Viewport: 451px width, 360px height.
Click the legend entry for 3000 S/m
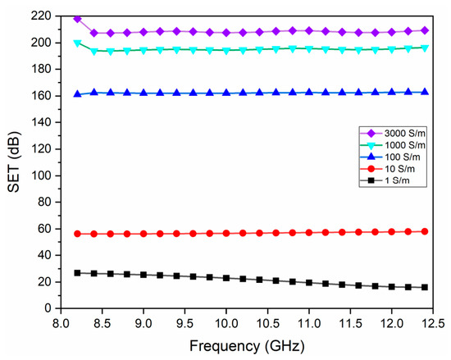tap(393, 133)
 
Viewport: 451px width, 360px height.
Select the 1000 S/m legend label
tap(393, 145)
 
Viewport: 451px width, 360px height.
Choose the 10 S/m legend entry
tap(387, 169)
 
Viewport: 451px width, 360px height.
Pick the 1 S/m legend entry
tap(385, 180)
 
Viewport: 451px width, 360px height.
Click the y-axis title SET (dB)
tap(14, 162)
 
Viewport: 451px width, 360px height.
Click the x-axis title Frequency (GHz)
tap(247, 345)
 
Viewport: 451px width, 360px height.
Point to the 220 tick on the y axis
tap(41, 16)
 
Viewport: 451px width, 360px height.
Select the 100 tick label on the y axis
tap(41, 175)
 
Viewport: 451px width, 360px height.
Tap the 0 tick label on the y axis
tap(48, 308)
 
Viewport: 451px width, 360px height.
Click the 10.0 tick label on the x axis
tap(226, 324)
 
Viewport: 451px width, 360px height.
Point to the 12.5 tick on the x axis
tap(433, 324)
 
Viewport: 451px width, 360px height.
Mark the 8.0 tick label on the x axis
tap(61, 324)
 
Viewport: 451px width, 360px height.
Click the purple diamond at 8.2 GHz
tap(77, 19)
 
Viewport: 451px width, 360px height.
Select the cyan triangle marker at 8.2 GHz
tap(77, 43)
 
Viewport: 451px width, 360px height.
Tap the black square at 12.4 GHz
tap(425, 287)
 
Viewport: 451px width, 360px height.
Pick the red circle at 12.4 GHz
tap(425, 231)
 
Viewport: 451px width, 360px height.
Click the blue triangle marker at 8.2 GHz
tap(77, 93)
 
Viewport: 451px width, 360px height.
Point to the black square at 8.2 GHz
tap(77, 273)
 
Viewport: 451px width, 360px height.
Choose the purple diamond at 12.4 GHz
tap(425, 30)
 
